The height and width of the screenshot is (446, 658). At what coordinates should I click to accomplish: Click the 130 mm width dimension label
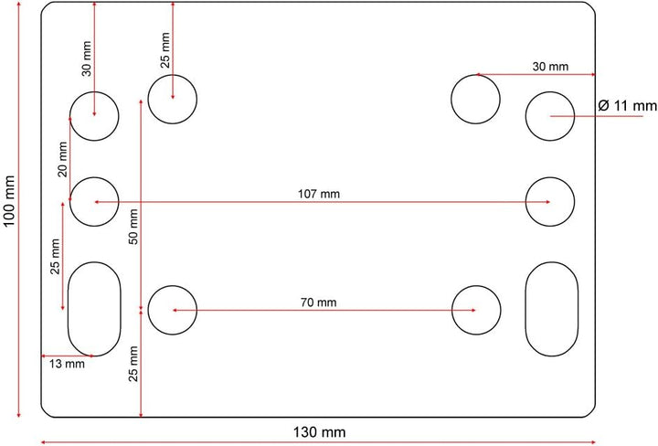(319, 431)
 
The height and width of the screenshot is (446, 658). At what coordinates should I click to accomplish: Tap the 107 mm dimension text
(319, 194)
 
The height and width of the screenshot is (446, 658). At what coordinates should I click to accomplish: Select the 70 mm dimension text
(319, 303)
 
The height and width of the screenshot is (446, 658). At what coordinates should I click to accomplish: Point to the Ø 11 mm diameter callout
(627, 105)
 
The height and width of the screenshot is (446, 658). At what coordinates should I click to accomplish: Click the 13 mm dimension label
(67, 364)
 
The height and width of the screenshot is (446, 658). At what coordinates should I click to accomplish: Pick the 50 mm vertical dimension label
(133, 227)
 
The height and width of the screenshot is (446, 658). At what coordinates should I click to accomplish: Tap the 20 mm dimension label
(62, 159)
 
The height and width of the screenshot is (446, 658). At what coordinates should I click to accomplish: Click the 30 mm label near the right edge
(550, 67)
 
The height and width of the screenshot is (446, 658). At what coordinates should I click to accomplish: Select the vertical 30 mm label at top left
(86, 58)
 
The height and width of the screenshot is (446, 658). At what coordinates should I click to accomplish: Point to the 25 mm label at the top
(165, 50)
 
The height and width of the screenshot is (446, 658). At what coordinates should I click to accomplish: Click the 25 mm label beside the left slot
(55, 256)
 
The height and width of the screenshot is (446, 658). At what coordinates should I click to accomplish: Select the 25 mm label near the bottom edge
(133, 364)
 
